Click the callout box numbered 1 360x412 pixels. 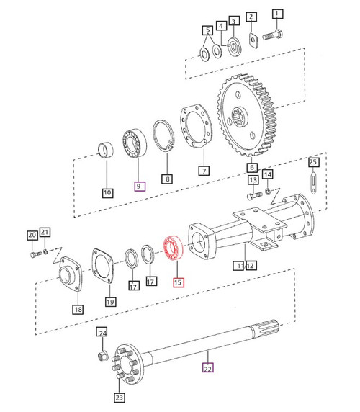pyautogui.click(x=278, y=14)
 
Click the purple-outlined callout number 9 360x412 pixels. pyautogui.click(x=140, y=186)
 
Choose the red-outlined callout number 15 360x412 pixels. pyautogui.click(x=178, y=283)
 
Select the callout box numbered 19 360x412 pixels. pyautogui.click(x=109, y=301)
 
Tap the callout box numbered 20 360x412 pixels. pyautogui.click(x=32, y=236)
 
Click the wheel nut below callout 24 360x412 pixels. pyautogui.click(x=102, y=355)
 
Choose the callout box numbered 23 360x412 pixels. pyautogui.click(x=118, y=397)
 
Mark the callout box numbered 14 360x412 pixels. pyautogui.click(x=268, y=174)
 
